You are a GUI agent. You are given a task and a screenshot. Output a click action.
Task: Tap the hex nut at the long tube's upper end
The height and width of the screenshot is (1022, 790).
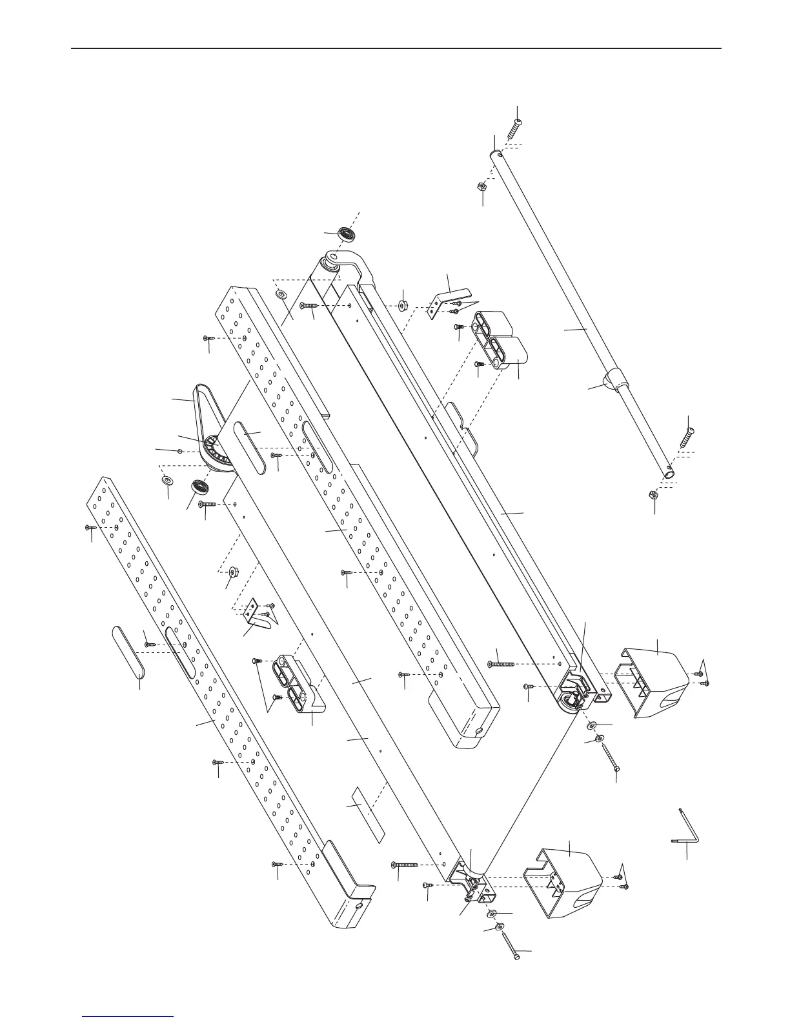pos(481,186)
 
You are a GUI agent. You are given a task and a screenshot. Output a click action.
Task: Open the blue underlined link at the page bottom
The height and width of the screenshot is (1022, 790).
pos(128,1016)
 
